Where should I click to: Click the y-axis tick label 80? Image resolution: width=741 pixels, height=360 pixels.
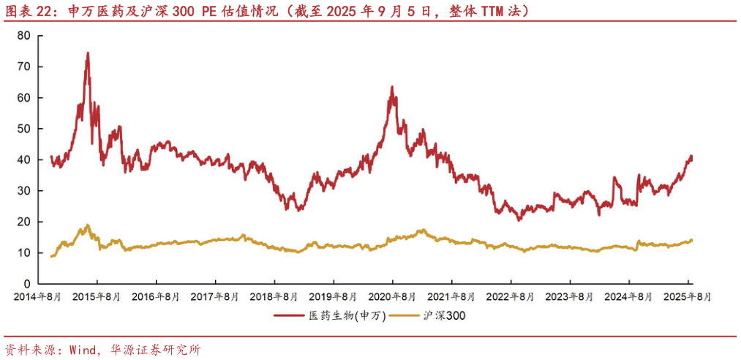pyautogui.click(x=23, y=35)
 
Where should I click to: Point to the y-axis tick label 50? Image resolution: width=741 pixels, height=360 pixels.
pyautogui.click(x=23, y=129)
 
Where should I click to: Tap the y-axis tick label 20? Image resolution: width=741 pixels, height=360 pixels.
pyautogui.click(x=23, y=222)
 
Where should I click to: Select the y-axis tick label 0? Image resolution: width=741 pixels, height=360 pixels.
pyautogui.click(x=26, y=284)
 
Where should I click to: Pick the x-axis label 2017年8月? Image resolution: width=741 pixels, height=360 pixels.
pyautogui.click(x=214, y=297)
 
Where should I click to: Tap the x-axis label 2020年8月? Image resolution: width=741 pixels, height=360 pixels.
pyautogui.click(x=393, y=297)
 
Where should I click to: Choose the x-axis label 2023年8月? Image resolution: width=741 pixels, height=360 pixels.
pyautogui.click(x=571, y=297)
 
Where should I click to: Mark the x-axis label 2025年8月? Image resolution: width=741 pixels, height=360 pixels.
pyautogui.click(x=688, y=297)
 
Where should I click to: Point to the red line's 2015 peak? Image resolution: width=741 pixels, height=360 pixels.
pyautogui.click(x=88, y=53)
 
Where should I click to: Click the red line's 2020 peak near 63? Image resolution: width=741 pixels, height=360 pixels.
pyautogui.click(x=392, y=86)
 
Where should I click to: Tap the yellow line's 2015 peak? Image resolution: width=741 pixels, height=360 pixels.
pyautogui.click(x=88, y=225)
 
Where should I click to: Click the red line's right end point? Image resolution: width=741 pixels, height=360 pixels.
pyautogui.click(x=691, y=158)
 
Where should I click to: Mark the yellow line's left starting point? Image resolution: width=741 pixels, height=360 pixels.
pyautogui.click(x=50, y=256)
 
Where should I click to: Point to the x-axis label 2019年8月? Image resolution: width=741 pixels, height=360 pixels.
pyautogui.click(x=334, y=297)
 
